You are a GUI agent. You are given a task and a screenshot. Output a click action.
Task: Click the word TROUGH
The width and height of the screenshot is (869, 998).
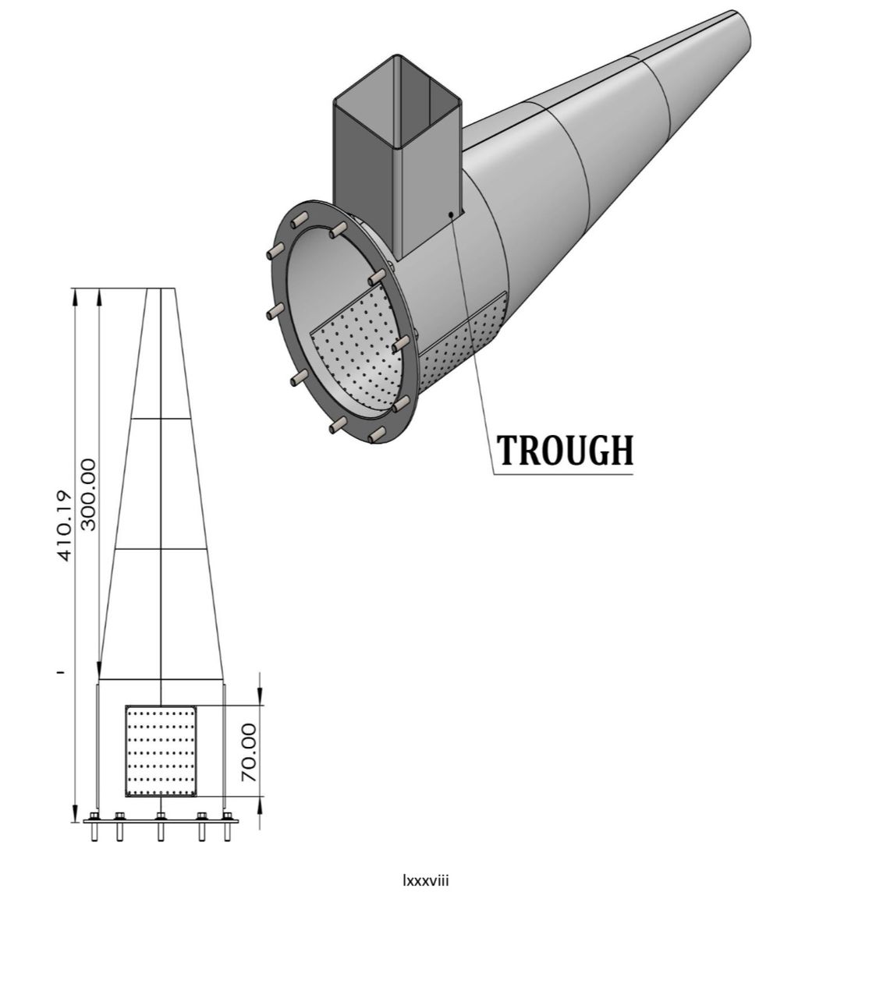(x=565, y=451)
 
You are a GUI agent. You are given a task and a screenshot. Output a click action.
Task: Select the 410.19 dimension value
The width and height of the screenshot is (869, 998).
(x=65, y=525)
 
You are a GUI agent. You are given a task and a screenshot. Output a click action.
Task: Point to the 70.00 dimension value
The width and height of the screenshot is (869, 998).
(x=248, y=752)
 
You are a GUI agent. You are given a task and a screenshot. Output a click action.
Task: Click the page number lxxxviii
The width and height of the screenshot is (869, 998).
(x=425, y=881)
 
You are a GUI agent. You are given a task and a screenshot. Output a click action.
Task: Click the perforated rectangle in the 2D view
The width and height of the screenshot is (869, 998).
(x=161, y=752)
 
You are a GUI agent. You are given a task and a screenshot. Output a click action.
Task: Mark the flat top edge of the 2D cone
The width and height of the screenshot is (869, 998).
(x=161, y=289)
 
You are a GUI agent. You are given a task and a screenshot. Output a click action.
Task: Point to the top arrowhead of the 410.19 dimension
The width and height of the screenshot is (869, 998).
(x=76, y=296)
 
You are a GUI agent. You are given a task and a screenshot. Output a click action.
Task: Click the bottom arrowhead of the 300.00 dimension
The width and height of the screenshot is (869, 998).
(x=100, y=671)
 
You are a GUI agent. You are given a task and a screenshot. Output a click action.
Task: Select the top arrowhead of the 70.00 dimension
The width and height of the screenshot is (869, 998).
(x=260, y=699)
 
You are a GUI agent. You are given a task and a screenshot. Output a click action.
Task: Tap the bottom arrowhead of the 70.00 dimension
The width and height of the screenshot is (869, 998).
(x=260, y=803)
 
